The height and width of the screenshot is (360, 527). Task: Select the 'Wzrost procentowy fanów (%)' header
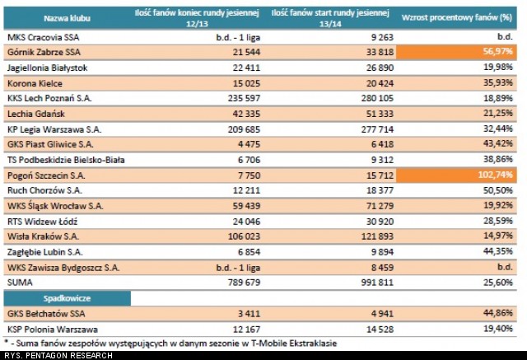[458, 16]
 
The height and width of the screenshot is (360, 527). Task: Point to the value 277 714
[370, 129]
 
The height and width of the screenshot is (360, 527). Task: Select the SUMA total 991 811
[370, 283]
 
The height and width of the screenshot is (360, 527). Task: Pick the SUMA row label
[19, 283]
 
